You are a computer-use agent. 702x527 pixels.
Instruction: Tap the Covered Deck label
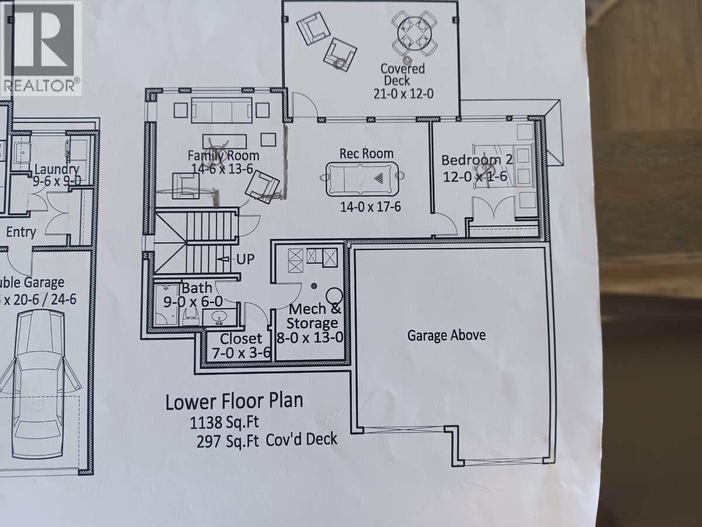click(404, 74)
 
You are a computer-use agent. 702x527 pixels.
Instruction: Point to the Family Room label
click(223, 156)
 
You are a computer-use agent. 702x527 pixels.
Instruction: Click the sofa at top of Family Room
click(222, 109)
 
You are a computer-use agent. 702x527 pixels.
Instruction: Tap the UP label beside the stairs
click(246, 259)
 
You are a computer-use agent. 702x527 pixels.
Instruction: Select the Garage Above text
click(446, 336)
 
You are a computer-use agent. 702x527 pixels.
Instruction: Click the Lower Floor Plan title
click(234, 402)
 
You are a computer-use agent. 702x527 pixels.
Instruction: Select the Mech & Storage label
click(314, 316)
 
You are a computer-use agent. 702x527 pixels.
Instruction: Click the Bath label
click(192, 288)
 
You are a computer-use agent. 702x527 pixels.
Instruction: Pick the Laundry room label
click(56, 170)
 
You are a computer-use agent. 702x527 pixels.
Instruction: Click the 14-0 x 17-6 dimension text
click(370, 207)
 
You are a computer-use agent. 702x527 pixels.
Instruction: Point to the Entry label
click(20, 232)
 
